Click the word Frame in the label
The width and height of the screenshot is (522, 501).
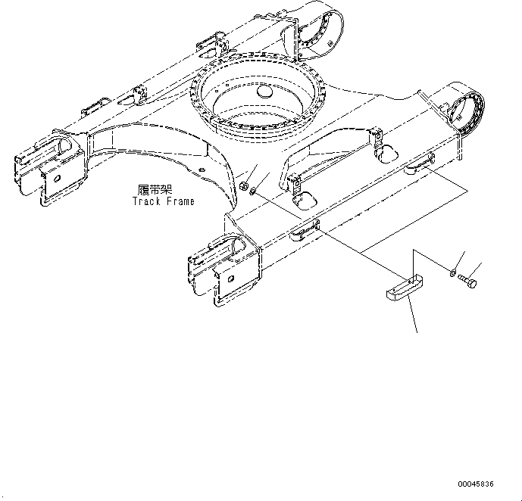(x=180, y=201)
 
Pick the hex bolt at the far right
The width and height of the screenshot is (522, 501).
(x=467, y=281)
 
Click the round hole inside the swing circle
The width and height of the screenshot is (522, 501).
(x=264, y=92)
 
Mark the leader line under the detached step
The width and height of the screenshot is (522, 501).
(x=413, y=314)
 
